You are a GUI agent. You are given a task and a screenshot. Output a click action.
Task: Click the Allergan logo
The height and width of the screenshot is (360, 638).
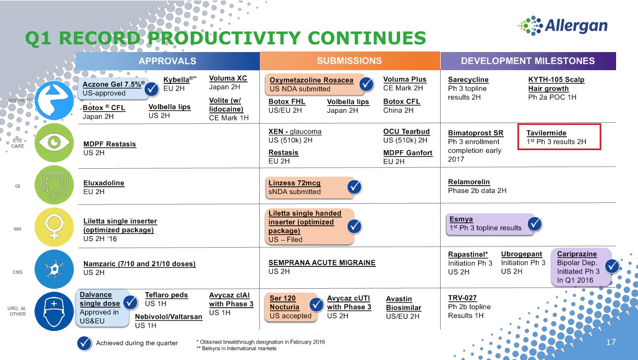tap(563, 26)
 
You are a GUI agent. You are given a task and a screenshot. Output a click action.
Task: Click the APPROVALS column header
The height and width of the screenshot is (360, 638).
tap(167, 61)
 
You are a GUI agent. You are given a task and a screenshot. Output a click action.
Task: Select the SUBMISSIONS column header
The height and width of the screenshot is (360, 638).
tap(350, 61)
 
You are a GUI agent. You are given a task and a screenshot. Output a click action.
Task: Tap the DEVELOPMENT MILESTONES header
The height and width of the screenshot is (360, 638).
tap(528, 61)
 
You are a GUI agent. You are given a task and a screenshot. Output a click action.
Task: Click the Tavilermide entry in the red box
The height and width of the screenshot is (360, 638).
tap(556, 137)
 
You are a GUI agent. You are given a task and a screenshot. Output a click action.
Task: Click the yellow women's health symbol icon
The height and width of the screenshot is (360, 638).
tap(54, 227)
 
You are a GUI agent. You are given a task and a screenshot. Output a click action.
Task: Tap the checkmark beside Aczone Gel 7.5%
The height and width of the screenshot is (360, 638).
tap(151, 89)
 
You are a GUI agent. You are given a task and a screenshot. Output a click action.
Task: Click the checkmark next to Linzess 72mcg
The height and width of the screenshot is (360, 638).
tap(355, 187)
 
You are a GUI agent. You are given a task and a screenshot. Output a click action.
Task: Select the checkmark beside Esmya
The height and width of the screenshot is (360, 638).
tap(534, 224)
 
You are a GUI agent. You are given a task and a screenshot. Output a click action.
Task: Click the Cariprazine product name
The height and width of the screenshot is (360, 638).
tap(577, 254)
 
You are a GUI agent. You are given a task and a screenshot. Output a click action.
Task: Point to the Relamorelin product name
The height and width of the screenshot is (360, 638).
tap(469, 182)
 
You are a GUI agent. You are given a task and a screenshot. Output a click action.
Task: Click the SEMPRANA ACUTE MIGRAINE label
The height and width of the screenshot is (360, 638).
tap(322, 263)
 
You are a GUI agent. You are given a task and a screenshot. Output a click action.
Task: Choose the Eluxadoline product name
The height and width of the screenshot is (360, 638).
tap(104, 183)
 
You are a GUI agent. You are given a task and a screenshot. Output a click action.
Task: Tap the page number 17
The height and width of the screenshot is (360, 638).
tap(611, 342)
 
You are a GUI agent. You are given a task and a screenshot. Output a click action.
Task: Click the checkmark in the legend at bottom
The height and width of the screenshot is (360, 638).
tap(84, 344)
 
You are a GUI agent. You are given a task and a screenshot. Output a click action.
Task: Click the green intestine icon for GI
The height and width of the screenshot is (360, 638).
tap(54, 185)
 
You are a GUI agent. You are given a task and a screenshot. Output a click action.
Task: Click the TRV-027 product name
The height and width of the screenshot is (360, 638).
tap(462, 298)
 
